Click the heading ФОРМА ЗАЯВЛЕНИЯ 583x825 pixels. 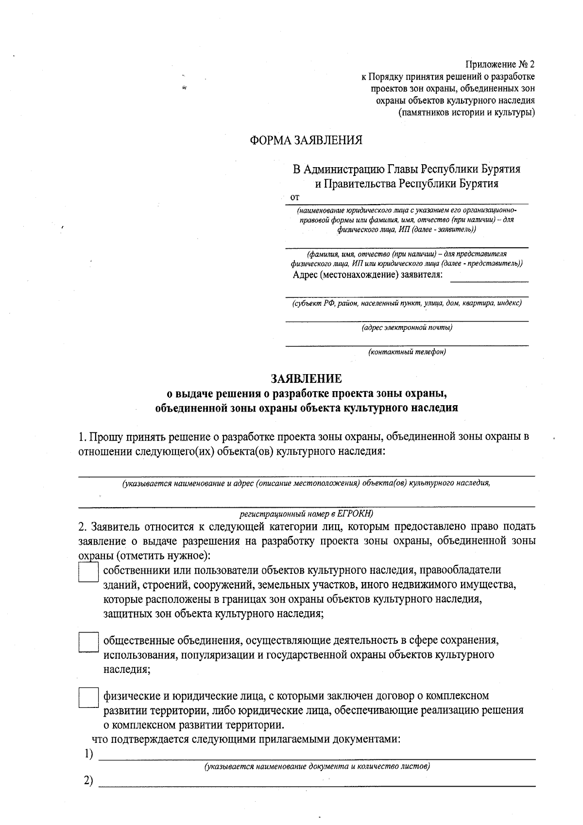(x=306, y=140)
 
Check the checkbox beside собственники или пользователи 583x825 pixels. (x=88, y=573)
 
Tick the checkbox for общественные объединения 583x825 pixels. (x=88, y=642)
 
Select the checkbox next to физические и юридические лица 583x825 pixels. (x=88, y=698)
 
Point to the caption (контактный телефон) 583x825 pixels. (x=407, y=352)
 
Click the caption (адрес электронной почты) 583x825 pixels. (x=407, y=327)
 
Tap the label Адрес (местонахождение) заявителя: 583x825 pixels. (x=368, y=275)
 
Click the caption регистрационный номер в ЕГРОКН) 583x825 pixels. (x=307, y=513)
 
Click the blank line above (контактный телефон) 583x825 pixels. (x=407, y=345)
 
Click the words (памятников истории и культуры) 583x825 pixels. (x=466, y=113)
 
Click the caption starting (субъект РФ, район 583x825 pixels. (x=407, y=303)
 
